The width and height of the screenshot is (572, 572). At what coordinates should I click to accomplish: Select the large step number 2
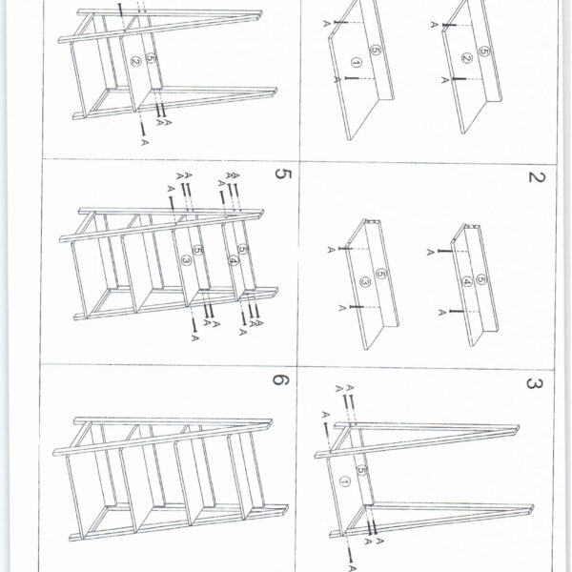click(537, 177)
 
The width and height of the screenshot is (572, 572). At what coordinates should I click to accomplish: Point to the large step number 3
click(535, 384)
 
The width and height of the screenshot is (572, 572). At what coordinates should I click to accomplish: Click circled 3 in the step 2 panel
click(365, 281)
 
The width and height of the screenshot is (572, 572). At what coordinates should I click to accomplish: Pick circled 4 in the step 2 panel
click(467, 281)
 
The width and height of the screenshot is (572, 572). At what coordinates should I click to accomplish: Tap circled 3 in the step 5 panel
click(187, 260)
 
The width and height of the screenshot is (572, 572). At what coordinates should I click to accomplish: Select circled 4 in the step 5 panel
click(234, 261)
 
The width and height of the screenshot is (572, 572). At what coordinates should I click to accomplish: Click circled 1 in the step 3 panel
click(344, 481)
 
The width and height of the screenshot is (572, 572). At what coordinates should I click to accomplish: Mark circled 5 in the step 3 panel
click(361, 471)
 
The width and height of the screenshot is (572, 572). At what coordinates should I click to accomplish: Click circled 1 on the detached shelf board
click(357, 63)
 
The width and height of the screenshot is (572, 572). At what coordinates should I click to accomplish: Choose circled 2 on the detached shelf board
click(466, 58)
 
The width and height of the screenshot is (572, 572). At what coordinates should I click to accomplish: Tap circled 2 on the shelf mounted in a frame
click(135, 61)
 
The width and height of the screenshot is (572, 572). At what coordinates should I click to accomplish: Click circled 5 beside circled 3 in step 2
click(380, 274)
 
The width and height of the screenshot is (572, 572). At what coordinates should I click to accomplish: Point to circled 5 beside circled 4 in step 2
click(481, 279)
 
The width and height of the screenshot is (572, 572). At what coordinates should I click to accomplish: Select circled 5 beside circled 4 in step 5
click(243, 249)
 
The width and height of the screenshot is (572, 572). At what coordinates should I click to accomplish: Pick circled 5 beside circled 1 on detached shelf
click(376, 50)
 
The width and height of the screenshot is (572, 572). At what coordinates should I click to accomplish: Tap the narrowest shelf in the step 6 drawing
click(246, 474)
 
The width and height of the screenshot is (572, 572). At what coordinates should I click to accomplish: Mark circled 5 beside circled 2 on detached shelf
click(483, 51)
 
